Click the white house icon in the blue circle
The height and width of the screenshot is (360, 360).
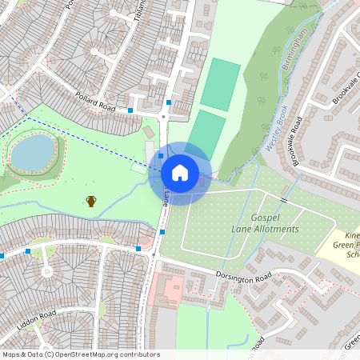180,172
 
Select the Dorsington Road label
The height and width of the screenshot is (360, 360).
244,277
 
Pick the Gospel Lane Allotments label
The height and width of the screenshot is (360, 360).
264,223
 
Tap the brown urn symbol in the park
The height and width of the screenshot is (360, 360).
91,201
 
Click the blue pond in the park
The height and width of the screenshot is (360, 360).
33,152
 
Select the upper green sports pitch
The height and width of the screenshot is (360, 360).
220,84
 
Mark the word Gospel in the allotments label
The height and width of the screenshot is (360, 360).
265,218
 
